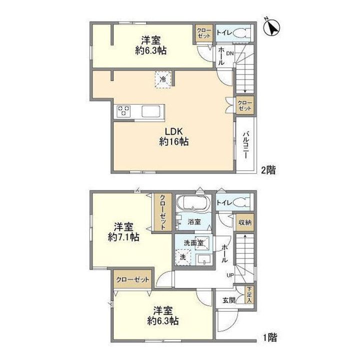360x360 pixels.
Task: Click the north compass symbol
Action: click(271, 26)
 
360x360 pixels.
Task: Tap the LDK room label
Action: click(174, 131)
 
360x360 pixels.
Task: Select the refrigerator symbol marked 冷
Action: click(163, 79)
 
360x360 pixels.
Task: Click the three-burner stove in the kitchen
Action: click(124, 111)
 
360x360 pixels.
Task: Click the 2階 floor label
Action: click(268, 170)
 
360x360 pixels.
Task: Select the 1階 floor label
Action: click(270, 337)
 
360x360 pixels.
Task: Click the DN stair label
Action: click(230, 53)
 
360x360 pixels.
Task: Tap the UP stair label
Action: click(230, 275)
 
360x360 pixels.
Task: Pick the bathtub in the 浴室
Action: click(194, 202)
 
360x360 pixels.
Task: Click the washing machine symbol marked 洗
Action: click(183, 257)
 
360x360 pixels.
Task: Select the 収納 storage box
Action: click(245, 222)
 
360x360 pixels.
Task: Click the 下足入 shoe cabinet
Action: click(249, 295)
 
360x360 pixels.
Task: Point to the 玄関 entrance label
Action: click(229, 300)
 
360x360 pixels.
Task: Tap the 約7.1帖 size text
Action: click(124, 236)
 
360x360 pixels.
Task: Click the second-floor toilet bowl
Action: click(239, 33)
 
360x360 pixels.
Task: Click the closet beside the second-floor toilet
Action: click(204, 33)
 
